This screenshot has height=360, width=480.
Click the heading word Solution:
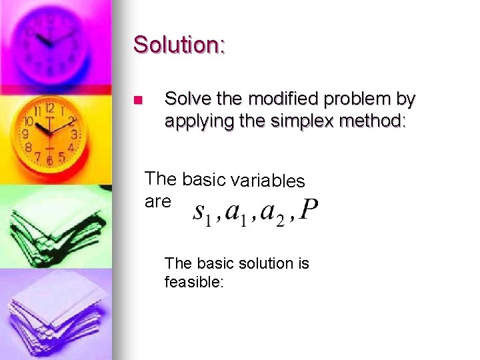pos(179,45)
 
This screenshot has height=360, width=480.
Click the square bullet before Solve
pos(138,101)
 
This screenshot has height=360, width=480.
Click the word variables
pos(267,181)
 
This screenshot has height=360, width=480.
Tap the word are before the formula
pos(158,201)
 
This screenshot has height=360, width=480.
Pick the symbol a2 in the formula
pos(272,213)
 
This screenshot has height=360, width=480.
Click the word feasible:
pos(195,282)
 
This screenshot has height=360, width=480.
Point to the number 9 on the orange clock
pos(26,134)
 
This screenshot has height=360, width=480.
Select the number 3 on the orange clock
pos(75,134)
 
